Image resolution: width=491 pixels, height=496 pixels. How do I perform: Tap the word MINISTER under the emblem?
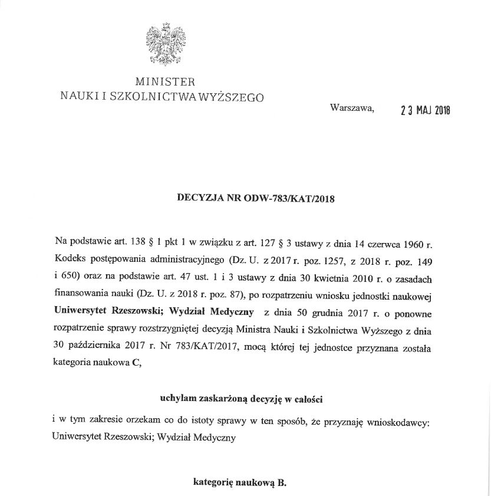pyautogui.click(x=164, y=81)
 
